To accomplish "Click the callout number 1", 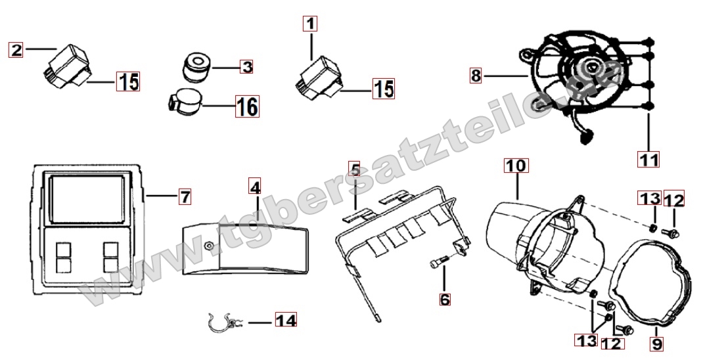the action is coord(310,23).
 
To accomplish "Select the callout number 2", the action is coord(16,50).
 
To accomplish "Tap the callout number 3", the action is coord(246,67).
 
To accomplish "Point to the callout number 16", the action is coord(248,106).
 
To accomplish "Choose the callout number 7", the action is coord(185,196).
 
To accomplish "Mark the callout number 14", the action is coord(286,321).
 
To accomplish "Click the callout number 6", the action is coord(445,299).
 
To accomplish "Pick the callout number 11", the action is coord(648,159).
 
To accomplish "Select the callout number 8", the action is coord(476,76).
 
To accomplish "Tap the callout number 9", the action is coord(657,344).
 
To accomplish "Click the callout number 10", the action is coord(516,166).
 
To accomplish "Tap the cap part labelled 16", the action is coord(185,102).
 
